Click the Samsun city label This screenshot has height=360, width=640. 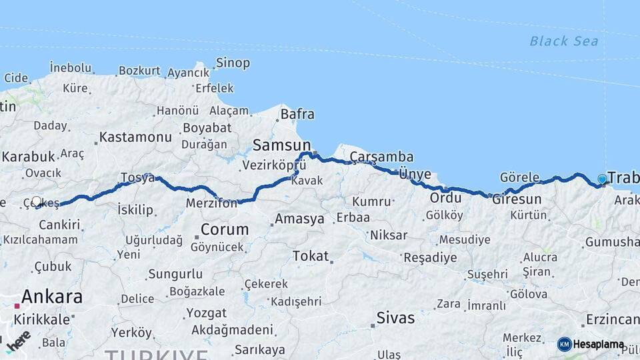tap(281, 145)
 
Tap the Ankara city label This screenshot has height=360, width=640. tap(52, 296)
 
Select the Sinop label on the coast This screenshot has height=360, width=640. tap(233, 63)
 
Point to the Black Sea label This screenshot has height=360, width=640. tap(564, 41)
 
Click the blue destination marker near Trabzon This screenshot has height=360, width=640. tap(603, 179)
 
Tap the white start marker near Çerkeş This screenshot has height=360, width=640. tap(37, 201)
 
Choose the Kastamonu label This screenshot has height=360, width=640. tap(136, 137)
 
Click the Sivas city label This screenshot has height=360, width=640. tap(395, 317)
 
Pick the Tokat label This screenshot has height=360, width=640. tap(311, 255)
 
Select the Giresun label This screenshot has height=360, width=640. tap(517, 199)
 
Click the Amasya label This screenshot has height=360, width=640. tap(299, 219)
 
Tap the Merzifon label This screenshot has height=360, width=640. tap(211, 203)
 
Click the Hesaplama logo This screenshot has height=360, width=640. tap(591, 345)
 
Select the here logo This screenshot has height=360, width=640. tap(18, 341)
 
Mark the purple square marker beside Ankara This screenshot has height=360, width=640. tap(17, 306)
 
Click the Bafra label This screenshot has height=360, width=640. tap(297, 114)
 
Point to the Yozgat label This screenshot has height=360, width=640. tap(206, 312)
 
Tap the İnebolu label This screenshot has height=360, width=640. tap(70, 68)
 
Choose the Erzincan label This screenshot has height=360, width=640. tap(613, 320)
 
